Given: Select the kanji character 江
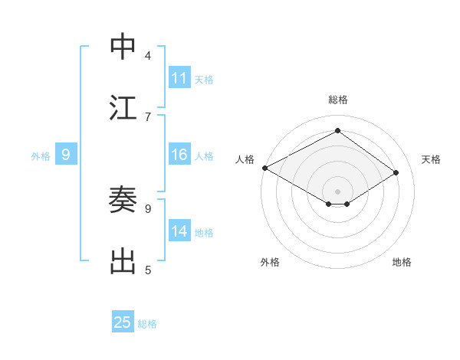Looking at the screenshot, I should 123,108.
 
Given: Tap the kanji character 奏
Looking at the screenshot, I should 123,200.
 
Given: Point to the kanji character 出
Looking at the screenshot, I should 123,261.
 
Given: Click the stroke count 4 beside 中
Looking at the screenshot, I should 148,55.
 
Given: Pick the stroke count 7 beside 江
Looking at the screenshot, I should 148,116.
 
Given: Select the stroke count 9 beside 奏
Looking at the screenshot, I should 148,208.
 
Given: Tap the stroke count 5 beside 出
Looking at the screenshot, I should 148,270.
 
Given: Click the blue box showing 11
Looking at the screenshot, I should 179,78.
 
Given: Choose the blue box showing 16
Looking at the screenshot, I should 179,155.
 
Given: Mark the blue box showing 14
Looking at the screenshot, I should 179,232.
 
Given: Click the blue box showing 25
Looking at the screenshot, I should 123,322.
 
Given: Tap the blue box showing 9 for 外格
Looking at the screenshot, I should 66,155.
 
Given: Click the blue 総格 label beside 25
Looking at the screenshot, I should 147,324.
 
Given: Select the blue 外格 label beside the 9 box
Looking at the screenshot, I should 41,156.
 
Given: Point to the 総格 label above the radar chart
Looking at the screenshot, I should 337,100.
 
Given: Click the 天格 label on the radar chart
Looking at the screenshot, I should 431,159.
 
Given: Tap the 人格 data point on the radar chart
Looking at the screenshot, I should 264,168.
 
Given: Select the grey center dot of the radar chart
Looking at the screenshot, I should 337,191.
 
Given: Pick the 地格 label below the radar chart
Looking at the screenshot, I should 402,262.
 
